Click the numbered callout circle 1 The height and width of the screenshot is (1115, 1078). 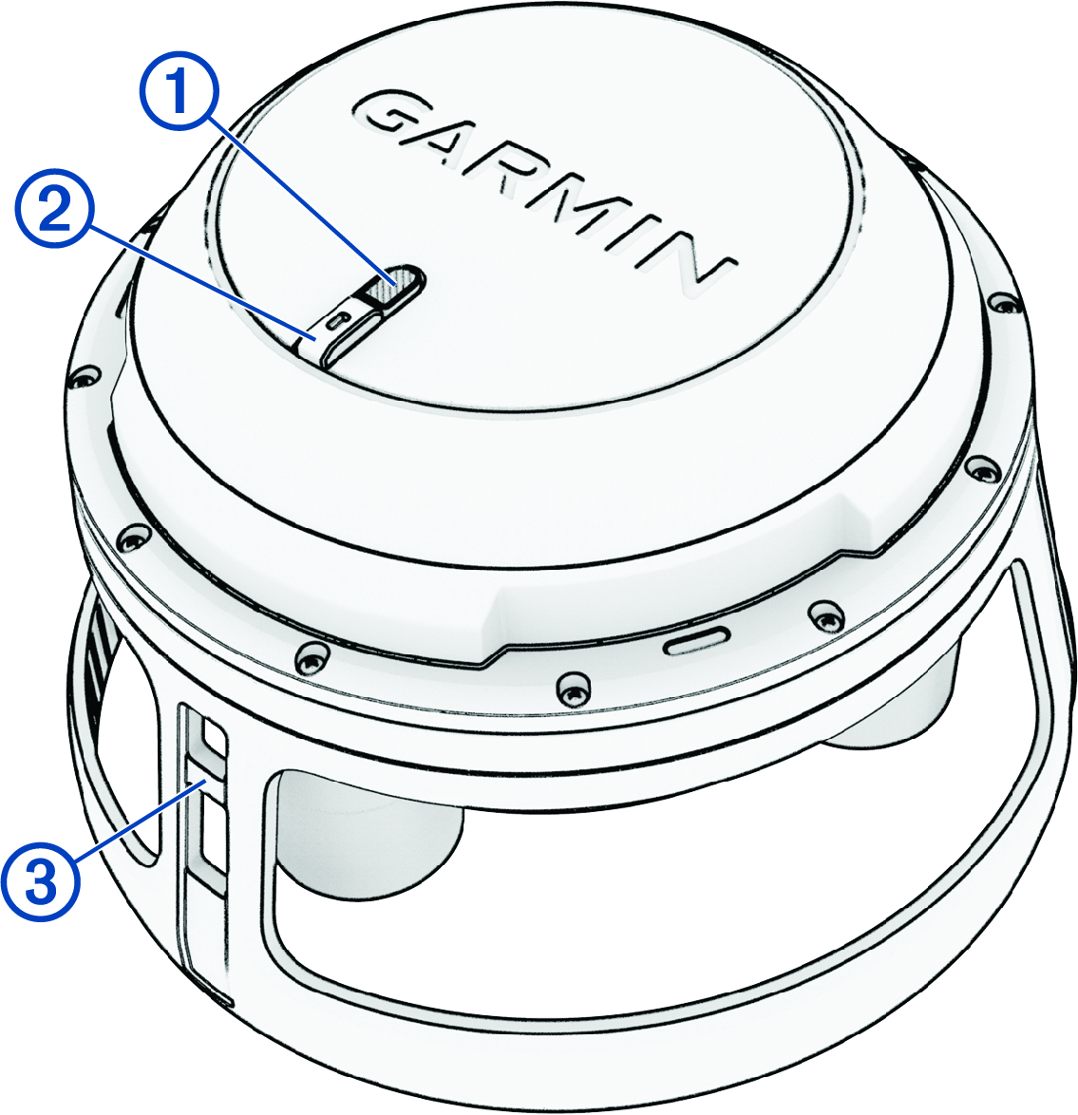pos(178,92)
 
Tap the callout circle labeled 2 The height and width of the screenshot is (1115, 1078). pos(55,211)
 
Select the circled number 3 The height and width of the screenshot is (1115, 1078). pos(40,881)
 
